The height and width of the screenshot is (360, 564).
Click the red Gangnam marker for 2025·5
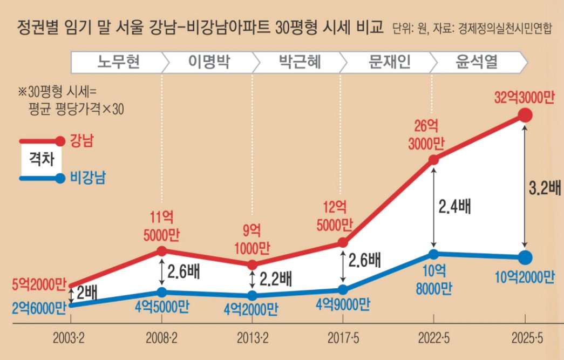pyautogui.click(x=525, y=115)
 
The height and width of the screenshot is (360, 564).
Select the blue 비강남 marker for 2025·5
pyautogui.click(x=525, y=257)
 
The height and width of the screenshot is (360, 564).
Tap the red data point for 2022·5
pyautogui.click(x=433, y=160)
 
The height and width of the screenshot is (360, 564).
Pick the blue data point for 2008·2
pyautogui.click(x=161, y=292)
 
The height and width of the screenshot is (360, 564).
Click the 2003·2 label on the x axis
pyautogui.click(x=69, y=338)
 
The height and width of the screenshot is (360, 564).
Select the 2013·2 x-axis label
pyautogui.click(x=253, y=338)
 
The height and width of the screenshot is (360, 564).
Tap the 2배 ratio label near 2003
pyautogui.click(x=87, y=293)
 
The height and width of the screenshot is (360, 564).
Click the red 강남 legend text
pyautogui.click(x=82, y=141)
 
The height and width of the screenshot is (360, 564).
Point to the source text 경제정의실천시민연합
pyautogui.click(x=504, y=28)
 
